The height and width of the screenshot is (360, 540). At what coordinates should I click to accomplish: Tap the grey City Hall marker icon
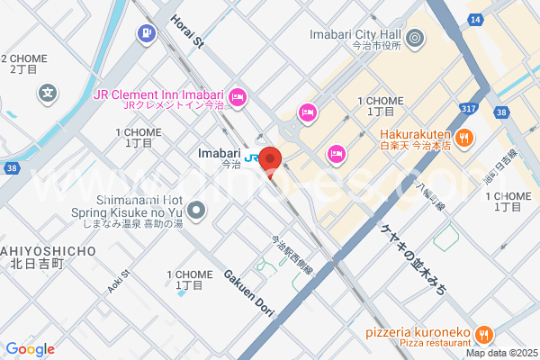(415, 38)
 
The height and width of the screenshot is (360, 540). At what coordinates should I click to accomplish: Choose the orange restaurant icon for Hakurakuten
(464, 138)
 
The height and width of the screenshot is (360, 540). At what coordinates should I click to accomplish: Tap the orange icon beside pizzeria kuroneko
(483, 334)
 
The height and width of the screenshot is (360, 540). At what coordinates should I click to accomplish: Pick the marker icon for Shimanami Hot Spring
(198, 212)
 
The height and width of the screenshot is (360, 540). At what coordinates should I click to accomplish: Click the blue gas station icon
(145, 33)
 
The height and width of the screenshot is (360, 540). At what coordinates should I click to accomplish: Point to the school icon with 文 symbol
(48, 92)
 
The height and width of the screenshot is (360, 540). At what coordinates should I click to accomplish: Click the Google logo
(30, 349)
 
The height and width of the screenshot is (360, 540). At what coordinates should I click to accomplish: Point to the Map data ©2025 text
(499, 352)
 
